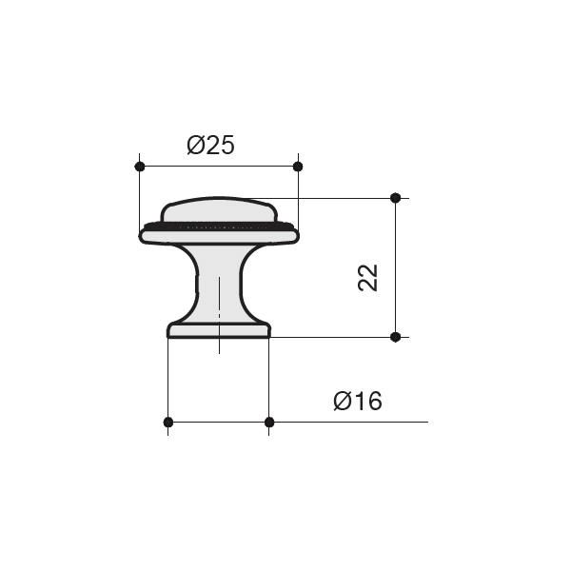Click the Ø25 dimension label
(210, 145)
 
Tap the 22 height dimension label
(367, 278)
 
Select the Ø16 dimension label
(358, 401)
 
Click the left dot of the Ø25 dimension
(140, 167)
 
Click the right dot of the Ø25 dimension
(298, 167)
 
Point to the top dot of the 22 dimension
(396, 198)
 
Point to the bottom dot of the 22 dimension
(396, 337)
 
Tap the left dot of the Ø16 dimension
(167, 422)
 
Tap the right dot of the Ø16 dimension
(269, 422)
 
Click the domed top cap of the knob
(219, 209)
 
